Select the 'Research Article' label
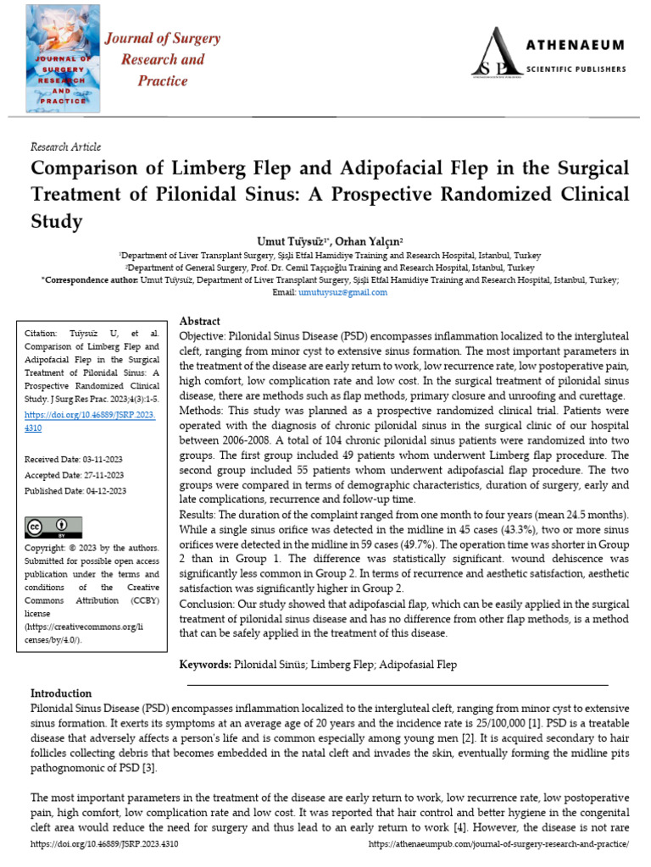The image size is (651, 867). pyautogui.click(x=65, y=146)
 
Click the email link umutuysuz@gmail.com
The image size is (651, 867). pyautogui.click(x=342, y=292)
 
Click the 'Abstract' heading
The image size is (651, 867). pyautogui.click(x=200, y=322)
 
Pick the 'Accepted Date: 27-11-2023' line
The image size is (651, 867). pyautogui.click(x=75, y=475)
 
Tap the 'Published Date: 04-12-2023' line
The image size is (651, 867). pyautogui.click(x=76, y=490)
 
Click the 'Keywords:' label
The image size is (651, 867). pyautogui.click(x=206, y=665)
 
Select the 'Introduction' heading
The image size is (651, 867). pyautogui.click(x=61, y=693)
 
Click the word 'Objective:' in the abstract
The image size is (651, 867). pyautogui.click(x=204, y=336)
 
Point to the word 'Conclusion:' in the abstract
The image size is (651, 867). pyautogui.click(x=208, y=605)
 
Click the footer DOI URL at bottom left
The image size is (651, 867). pyautogui.click(x=104, y=845)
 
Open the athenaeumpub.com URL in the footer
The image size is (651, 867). pyautogui.click(x=499, y=845)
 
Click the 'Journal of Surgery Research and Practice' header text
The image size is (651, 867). pyautogui.click(x=162, y=59)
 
